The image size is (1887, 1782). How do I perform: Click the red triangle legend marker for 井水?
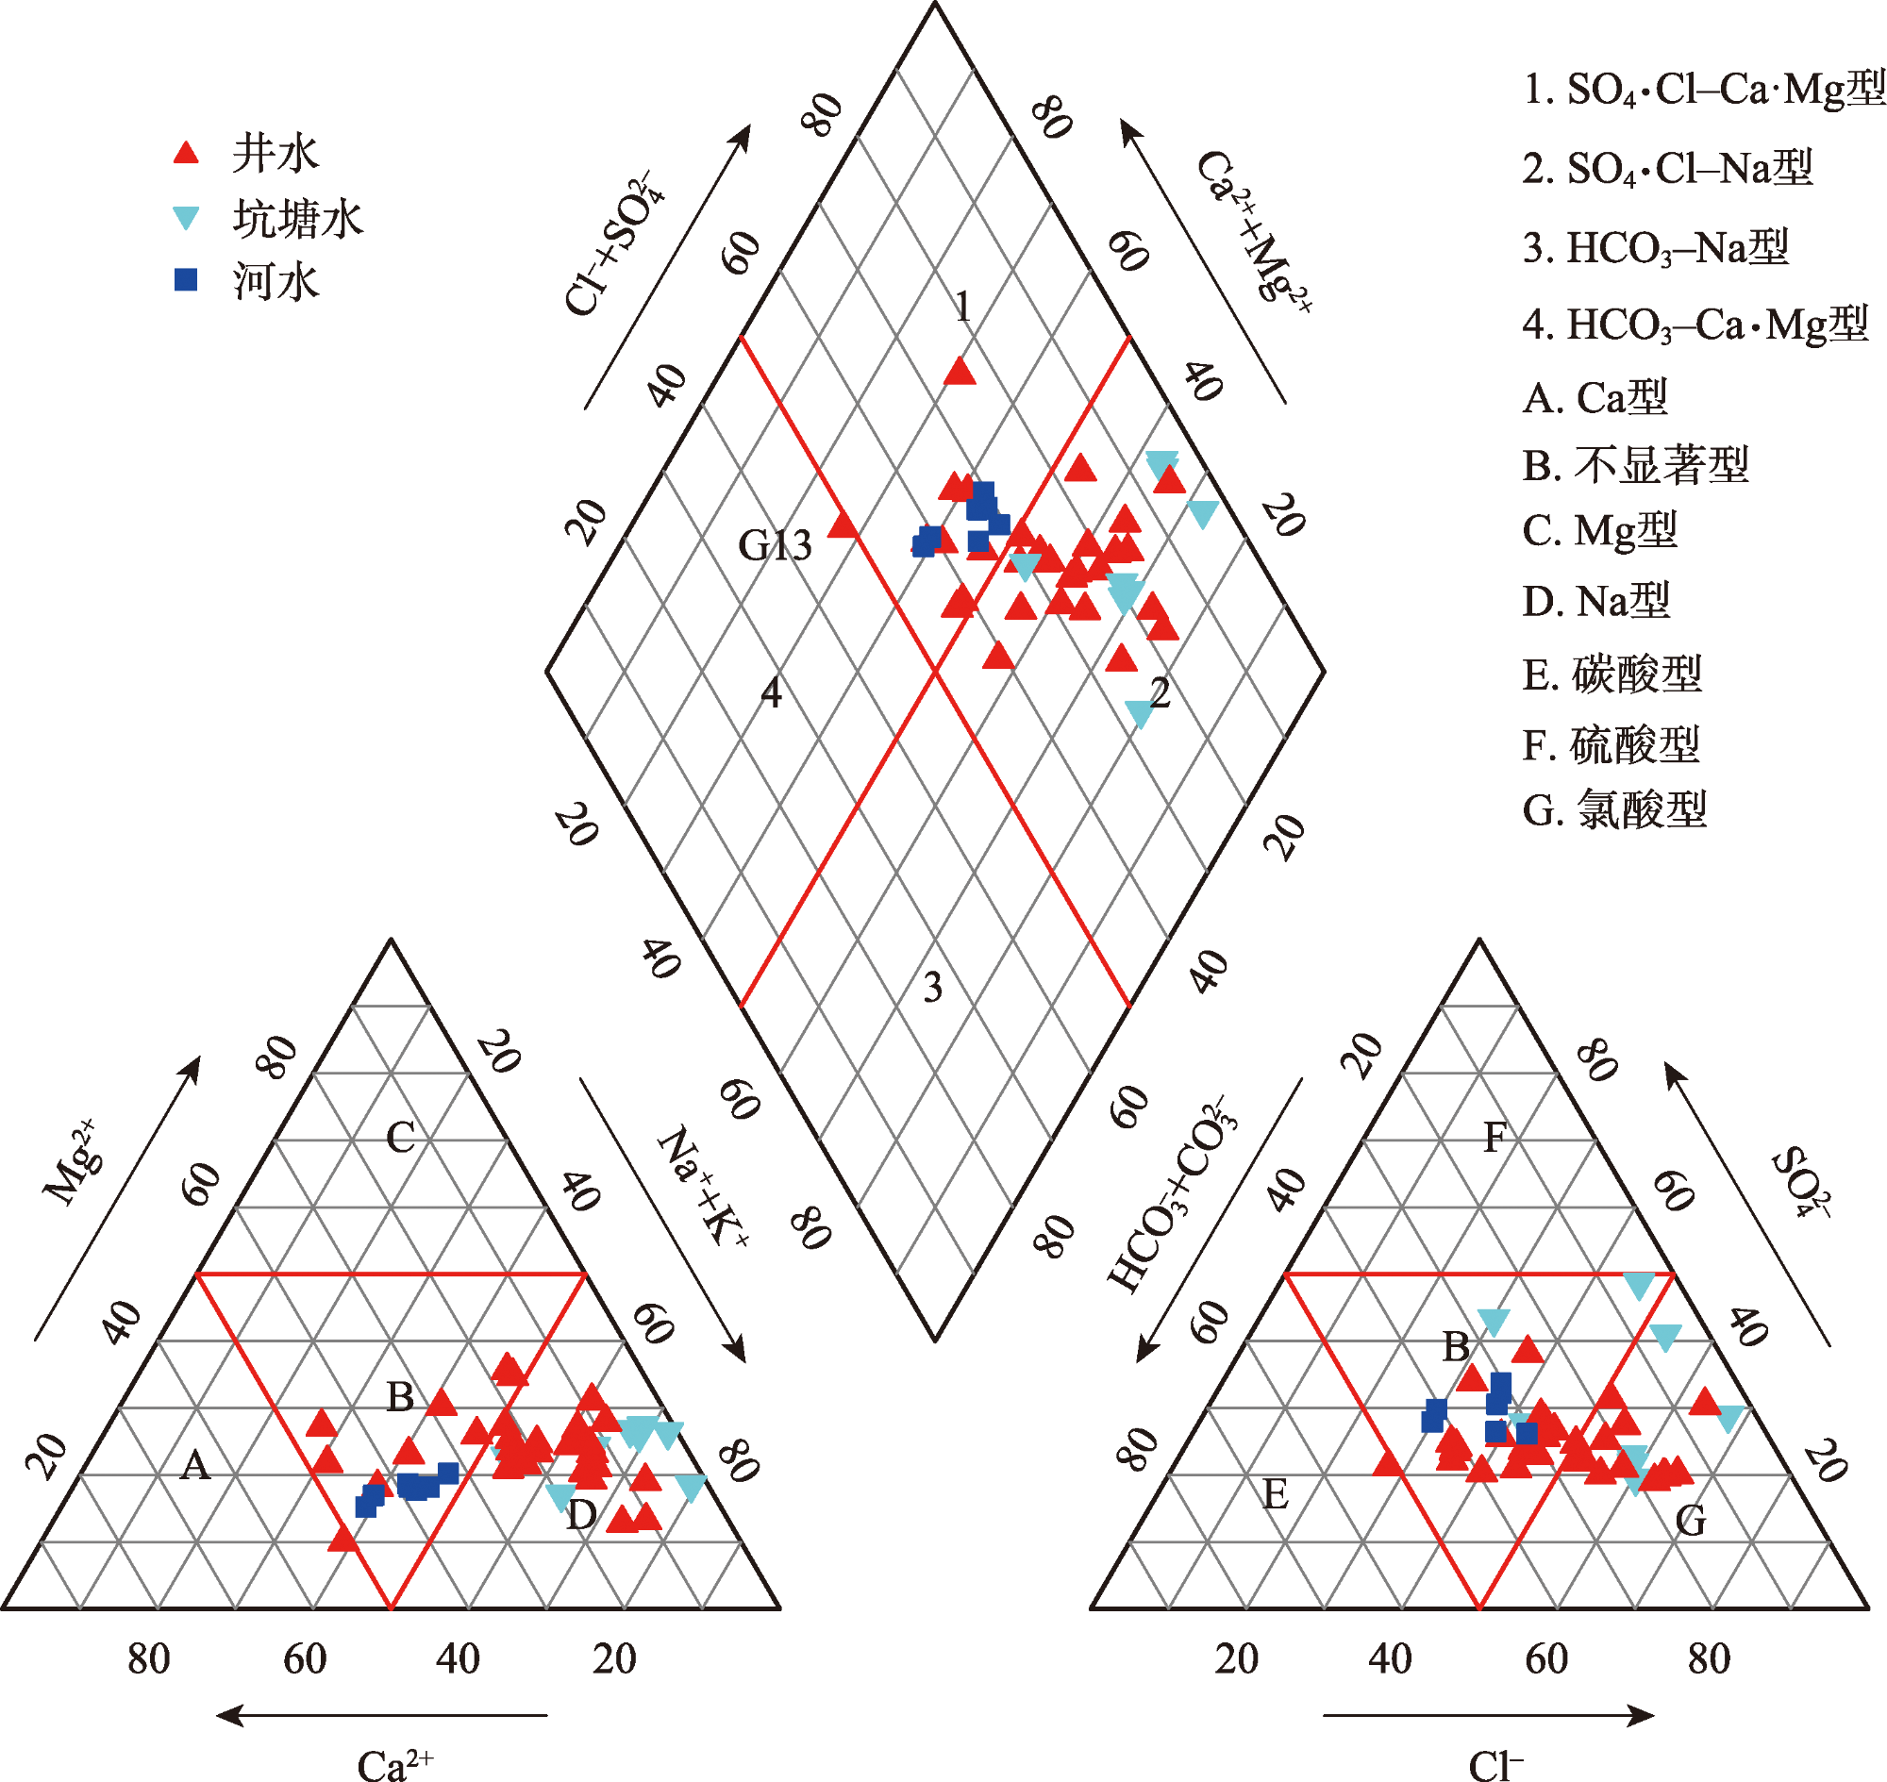(186, 153)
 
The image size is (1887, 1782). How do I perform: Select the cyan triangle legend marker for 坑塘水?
(186, 219)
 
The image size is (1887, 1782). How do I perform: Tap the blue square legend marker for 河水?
(186, 280)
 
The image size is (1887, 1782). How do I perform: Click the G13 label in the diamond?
(776, 546)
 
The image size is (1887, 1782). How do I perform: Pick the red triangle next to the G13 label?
(843, 525)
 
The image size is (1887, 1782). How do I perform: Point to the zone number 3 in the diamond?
(933, 989)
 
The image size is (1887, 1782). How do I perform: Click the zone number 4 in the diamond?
(772, 694)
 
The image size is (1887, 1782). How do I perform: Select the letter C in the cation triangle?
(400, 1138)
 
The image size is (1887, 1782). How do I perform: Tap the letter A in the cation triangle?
(194, 1466)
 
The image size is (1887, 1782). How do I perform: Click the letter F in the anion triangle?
(1495, 1138)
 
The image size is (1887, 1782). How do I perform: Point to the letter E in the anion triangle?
(1274, 1495)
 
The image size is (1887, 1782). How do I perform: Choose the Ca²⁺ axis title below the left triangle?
(395, 1765)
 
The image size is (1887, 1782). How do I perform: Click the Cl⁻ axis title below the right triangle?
(1495, 1765)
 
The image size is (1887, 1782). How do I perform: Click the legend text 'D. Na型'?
(1596, 601)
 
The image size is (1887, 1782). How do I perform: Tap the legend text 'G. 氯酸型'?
(1614, 810)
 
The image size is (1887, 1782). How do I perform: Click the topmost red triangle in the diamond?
(960, 372)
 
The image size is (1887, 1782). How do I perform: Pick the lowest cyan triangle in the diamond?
(1139, 713)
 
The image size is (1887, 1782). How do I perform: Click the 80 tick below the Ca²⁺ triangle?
(149, 1659)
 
